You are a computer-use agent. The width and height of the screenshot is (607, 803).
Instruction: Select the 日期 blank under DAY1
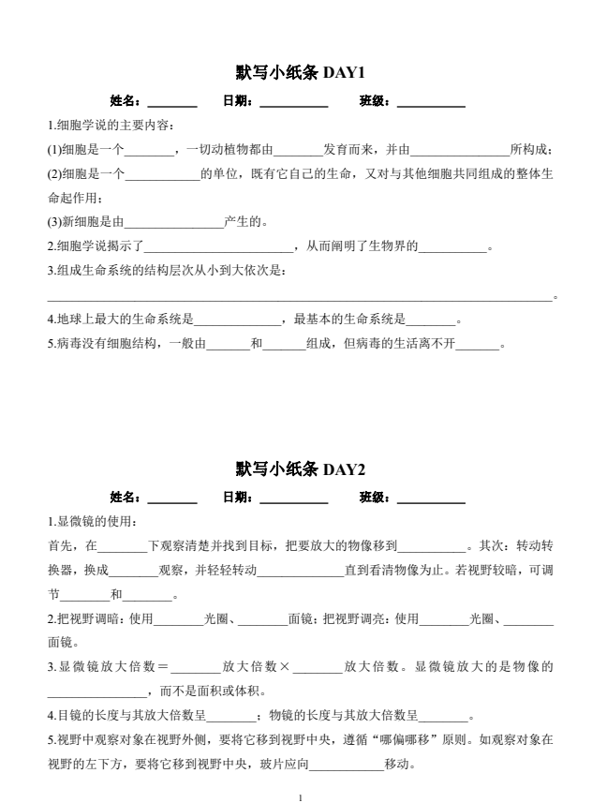pyautogui.click(x=293, y=101)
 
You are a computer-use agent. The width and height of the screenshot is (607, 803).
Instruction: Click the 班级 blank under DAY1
pyautogui.click(x=431, y=101)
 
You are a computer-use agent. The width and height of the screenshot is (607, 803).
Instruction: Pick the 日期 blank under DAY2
pyautogui.click(x=293, y=498)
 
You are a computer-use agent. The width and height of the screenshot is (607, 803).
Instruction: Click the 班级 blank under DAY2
pyautogui.click(x=431, y=498)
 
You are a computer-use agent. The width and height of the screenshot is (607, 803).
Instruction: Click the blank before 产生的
pyautogui.click(x=174, y=223)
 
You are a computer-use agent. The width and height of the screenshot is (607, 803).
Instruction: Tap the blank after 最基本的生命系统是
pyautogui.click(x=431, y=320)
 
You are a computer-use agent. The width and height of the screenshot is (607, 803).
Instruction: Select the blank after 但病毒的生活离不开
pyautogui.click(x=477, y=345)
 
